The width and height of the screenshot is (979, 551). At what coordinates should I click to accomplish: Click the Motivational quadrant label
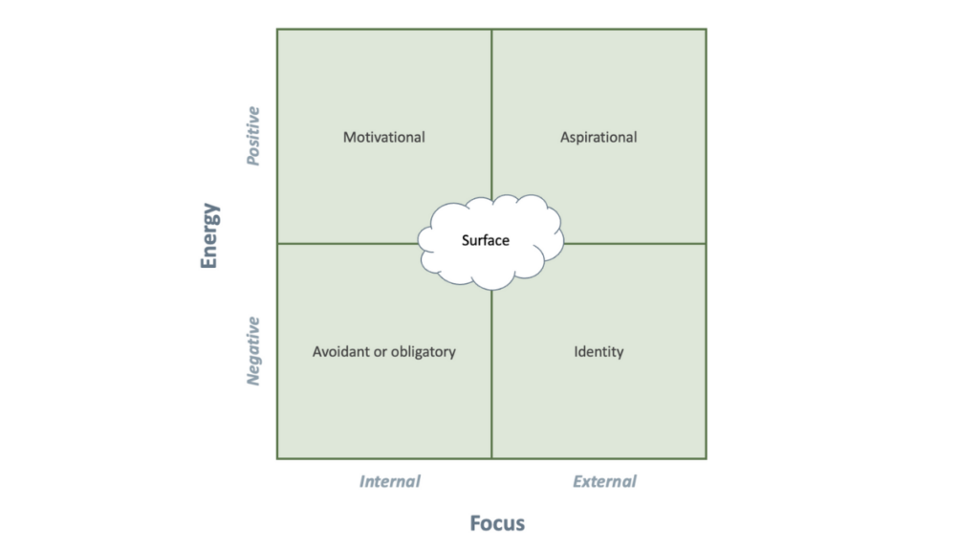coord(384,137)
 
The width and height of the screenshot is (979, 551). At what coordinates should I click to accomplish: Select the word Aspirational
coord(598,138)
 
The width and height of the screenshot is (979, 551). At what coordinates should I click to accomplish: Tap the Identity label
coord(598,352)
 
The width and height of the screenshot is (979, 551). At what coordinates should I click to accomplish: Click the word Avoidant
coord(341,352)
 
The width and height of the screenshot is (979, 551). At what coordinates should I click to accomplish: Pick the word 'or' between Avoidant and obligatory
coord(380,352)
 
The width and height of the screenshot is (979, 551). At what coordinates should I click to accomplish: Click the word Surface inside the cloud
coord(485,240)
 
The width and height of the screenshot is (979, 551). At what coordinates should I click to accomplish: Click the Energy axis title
coord(209,235)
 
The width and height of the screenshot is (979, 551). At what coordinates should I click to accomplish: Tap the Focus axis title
coord(497,523)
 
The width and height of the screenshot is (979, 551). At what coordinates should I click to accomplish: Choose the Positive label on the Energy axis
coord(252,136)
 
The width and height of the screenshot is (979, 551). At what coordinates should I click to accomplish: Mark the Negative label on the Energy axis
coord(252,350)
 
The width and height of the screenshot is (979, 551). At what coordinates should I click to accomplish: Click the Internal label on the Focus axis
coord(390,481)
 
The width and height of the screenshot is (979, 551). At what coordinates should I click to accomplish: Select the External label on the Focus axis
coord(604,481)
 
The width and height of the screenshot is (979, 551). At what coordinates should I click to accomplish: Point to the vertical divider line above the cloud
coord(491,114)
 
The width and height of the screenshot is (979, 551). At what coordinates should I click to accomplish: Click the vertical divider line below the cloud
coord(491,374)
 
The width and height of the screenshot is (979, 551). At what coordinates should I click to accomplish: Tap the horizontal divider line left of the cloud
coord(348,244)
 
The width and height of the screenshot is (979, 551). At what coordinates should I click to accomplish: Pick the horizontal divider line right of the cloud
coord(635,244)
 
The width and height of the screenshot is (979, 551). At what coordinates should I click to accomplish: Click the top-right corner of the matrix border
coord(707,29)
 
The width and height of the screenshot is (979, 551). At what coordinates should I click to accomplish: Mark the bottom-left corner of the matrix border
coord(277,458)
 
